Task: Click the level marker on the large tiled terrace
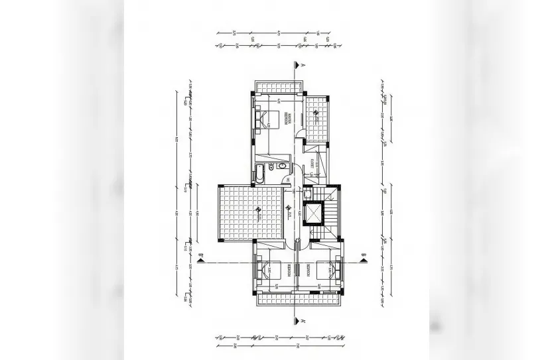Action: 256,211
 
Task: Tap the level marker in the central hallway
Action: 289,210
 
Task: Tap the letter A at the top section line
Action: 302,66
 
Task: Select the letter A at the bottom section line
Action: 302,322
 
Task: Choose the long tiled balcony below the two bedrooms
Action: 298,299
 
